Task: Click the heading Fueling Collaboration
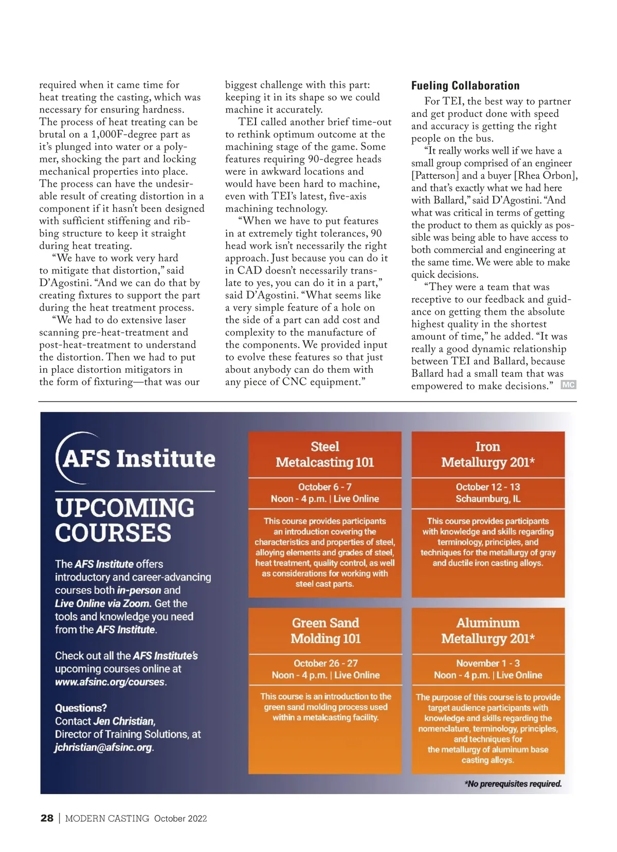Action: tap(465, 86)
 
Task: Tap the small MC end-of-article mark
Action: tap(568, 385)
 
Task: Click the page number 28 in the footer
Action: tap(47, 818)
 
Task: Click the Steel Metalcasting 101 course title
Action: tap(325, 455)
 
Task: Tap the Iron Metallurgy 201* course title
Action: tap(488, 455)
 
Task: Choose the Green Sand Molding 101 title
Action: tap(325, 631)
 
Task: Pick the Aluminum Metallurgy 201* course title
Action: tap(488, 631)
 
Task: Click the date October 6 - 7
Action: tap(325, 487)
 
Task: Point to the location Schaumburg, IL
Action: tap(488, 499)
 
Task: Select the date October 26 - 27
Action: tap(325, 663)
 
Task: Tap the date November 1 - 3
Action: tap(488, 663)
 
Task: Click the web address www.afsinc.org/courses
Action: tap(110, 682)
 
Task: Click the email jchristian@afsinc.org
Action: tap(104, 748)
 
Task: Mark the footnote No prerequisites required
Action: tap(513, 784)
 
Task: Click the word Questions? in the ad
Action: tap(81, 708)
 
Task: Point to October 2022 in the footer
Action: tap(180, 819)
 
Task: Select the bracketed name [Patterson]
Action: tap(435, 175)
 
